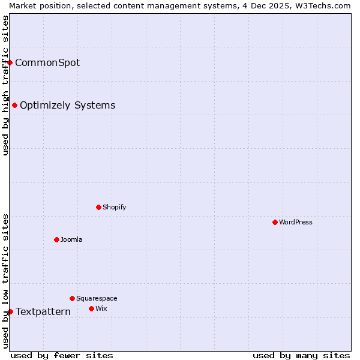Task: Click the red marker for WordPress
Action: tap(275, 222)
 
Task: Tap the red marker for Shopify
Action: tap(98, 207)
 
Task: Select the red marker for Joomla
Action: tap(56, 239)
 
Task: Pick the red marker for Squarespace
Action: tap(72, 298)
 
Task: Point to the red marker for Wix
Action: tap(91, 308)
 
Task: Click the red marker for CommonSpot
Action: tap(10, 62)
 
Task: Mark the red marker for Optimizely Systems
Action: tap(14, 105)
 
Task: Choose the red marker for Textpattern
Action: tap(10, 311)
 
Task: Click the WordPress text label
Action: tap(296, 222)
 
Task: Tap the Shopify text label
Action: tap(114, 207)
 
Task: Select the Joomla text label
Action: tap(71, 239)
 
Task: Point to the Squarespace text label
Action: tap(97, 298)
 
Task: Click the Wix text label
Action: tap(101, 308)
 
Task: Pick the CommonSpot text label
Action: tap(47, 62)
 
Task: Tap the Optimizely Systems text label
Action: tap(67, 105)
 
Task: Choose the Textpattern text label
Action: tap(43, 311)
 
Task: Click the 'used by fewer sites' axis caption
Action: tap(62, 355)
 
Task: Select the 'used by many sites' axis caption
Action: tap(301, 355)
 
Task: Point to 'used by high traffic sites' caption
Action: tap(5, 85)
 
